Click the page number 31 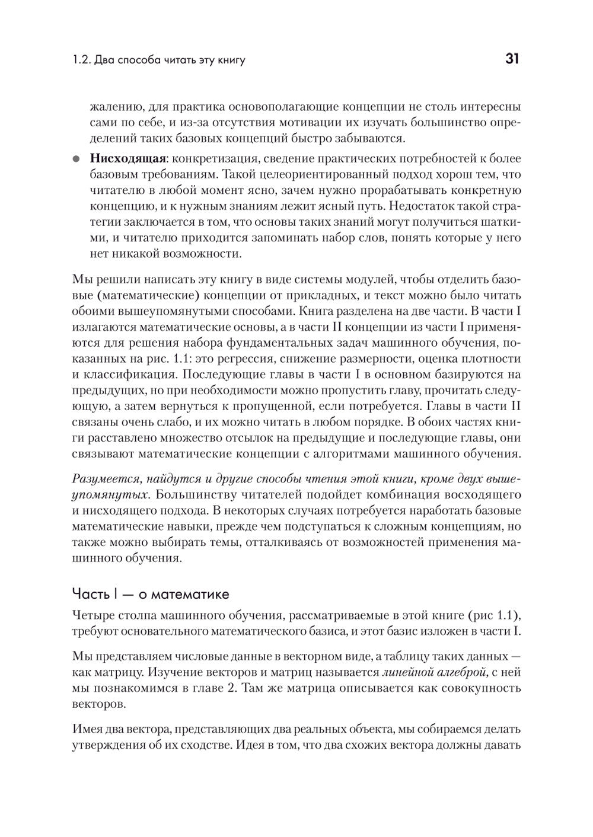(x=512, y=59)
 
